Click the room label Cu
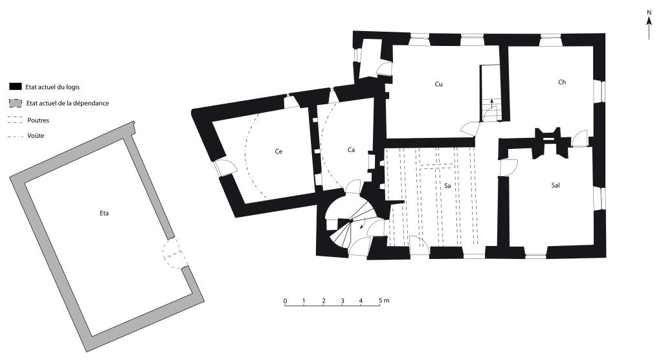438,84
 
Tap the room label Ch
562,82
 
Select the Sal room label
556,185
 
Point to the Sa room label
447,186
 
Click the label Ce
278,152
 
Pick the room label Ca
351,150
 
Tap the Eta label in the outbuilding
104,213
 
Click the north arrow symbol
649,25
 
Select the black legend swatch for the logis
16,87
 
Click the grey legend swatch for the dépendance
16,103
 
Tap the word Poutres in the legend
38,120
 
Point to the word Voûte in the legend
36,136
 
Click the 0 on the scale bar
286,301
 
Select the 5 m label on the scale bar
384,301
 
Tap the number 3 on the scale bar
343,301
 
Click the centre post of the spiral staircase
350,220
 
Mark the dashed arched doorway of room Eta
174,254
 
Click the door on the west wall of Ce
224,168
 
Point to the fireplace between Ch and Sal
548,142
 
